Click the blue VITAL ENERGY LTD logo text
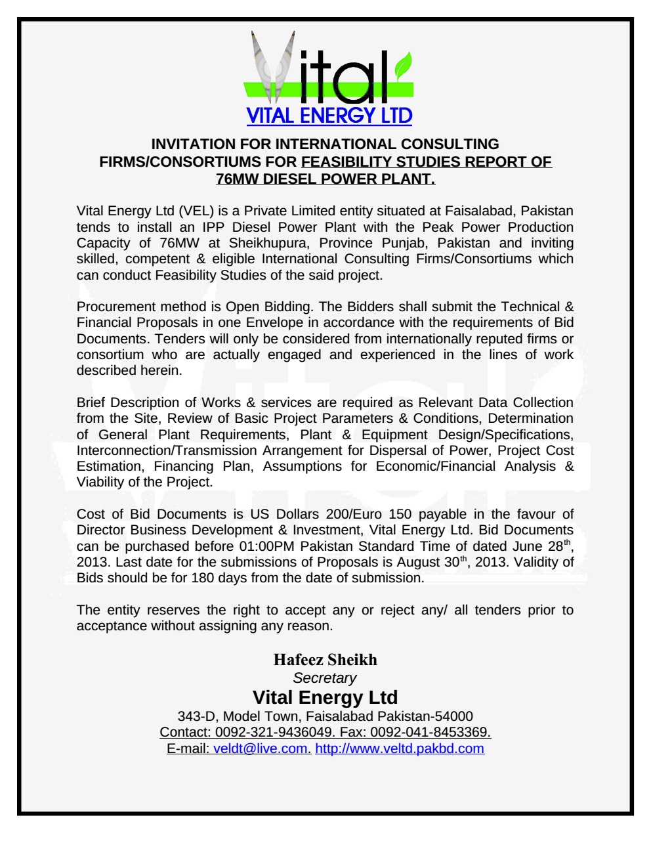(329, 116)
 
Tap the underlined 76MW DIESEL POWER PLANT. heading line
(325, 178)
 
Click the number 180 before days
(202, 578)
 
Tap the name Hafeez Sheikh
(325, 659)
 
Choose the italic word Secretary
(325, 678)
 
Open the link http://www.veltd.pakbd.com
(400, 748)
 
